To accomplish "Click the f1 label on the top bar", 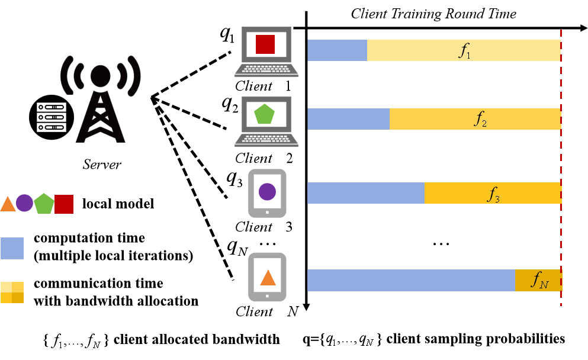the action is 465,51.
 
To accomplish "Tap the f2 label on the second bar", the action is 480,120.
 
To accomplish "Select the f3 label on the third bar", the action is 493,194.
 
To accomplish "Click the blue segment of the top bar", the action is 337,50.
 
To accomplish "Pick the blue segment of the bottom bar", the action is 410,280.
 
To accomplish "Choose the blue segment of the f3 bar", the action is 365,193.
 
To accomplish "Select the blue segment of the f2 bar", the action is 348,119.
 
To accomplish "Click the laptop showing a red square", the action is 266,52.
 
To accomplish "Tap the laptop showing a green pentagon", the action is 266,121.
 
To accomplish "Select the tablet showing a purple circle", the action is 267,193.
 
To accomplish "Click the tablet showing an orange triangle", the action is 267,277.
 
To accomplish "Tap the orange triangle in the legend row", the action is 8,204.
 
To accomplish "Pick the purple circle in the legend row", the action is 24,203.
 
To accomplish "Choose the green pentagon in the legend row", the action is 44,204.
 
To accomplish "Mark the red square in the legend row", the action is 64,204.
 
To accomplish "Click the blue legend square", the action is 12,248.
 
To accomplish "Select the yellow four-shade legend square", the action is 12,292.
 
